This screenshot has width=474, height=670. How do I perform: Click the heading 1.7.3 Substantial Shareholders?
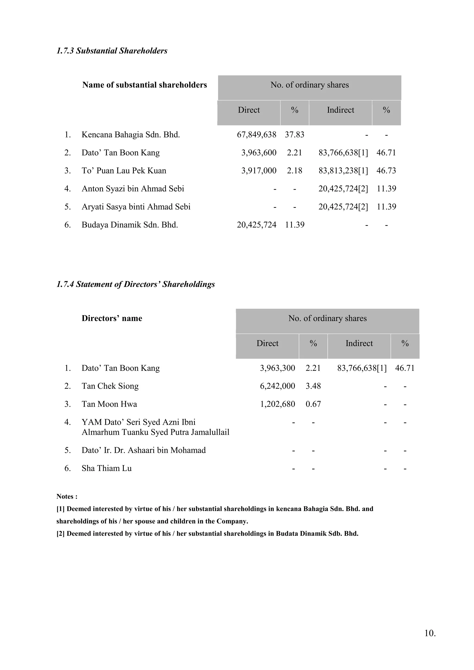[x=112, y=51]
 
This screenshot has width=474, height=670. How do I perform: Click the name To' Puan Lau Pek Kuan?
[x=124, y=171]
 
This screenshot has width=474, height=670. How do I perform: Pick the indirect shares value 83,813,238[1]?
[x=343, y=171]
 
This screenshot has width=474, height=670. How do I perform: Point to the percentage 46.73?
[x=386, y=171]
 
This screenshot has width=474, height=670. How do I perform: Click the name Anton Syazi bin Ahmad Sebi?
[x=133, y=189]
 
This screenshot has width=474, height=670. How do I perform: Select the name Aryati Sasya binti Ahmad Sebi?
[x=136, y=207]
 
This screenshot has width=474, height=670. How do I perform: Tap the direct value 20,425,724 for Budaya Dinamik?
[x=256, y=225]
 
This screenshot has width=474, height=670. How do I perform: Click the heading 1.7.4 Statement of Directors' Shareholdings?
[x=135, y=284]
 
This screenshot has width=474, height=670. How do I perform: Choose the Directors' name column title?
[x=112, y=318]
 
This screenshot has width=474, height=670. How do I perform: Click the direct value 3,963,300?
[x=277, y=368]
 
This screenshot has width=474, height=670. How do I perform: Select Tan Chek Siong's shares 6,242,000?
[x=277, y=386]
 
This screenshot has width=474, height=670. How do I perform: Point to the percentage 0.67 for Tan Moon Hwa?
[x=313, y=404]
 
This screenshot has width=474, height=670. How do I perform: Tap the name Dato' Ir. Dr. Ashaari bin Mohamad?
[x=143, y=450]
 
